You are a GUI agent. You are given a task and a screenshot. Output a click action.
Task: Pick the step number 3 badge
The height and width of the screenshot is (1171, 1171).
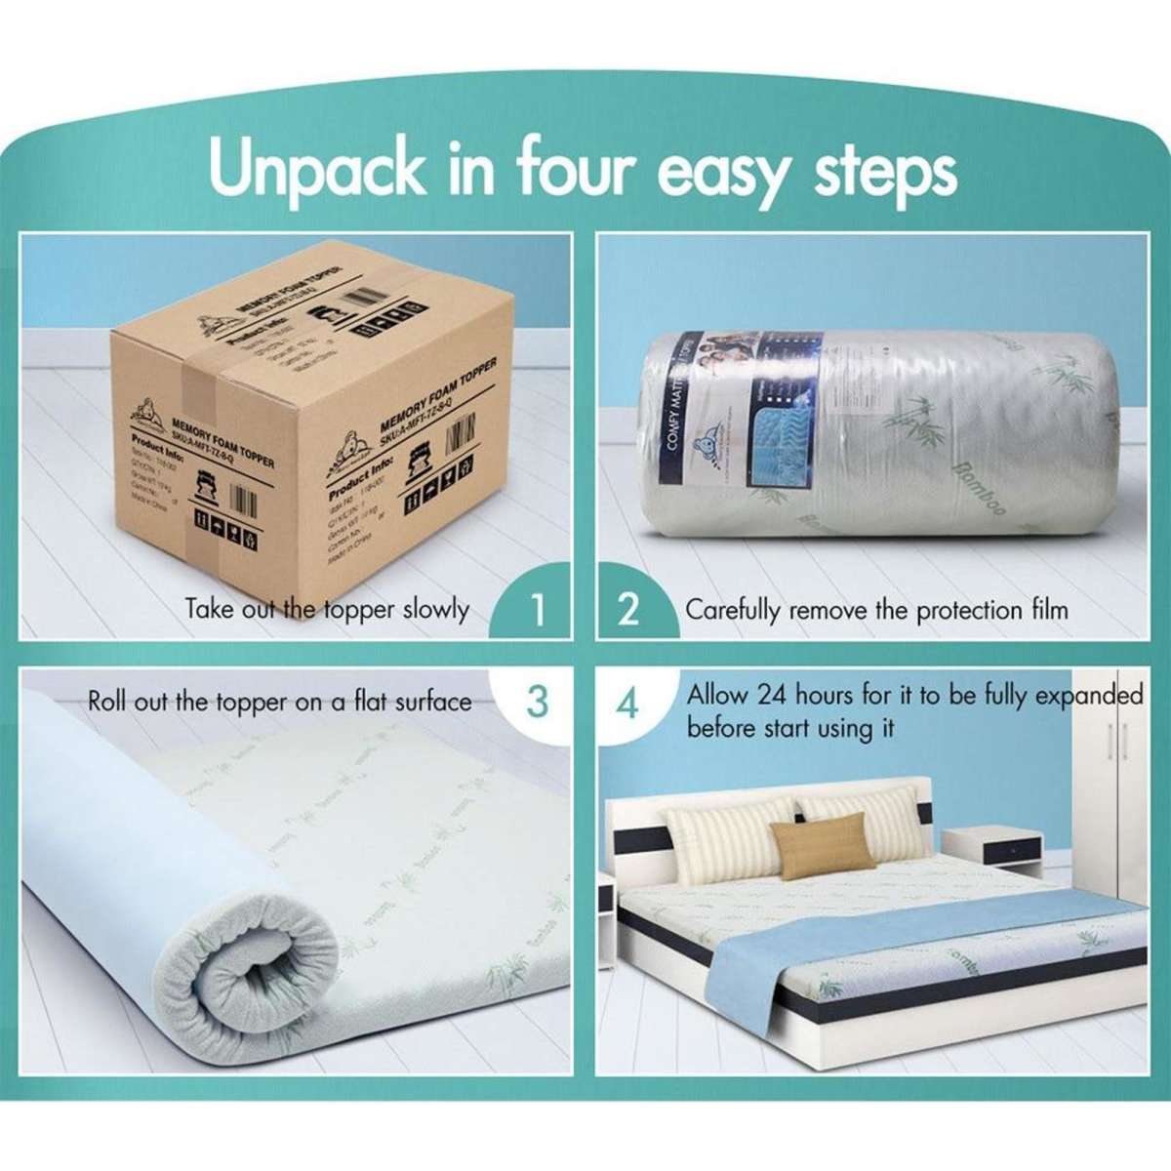coord(536,702)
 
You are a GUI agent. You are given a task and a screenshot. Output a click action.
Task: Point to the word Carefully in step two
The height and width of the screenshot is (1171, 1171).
coord(733,612)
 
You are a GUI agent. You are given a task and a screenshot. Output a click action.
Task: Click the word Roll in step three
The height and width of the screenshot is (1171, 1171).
coord(107,702)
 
